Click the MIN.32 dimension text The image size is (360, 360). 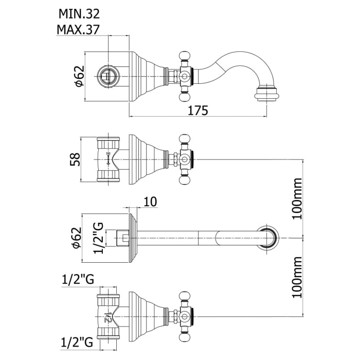[x=78, y=12]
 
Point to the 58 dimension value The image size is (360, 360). [x=75, y=159]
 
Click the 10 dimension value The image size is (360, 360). [x=150, y=203]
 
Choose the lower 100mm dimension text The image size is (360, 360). [x=297, y=279]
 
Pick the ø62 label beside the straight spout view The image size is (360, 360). [x=78, y=238]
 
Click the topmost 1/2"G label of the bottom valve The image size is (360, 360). [x=77, y=280]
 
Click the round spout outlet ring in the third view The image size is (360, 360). [x=269, y=238]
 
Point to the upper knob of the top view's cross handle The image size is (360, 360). [x=184, y=55]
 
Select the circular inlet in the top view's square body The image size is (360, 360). [x=109, y=75]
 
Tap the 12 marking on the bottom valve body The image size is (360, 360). [x=109, y=318]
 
